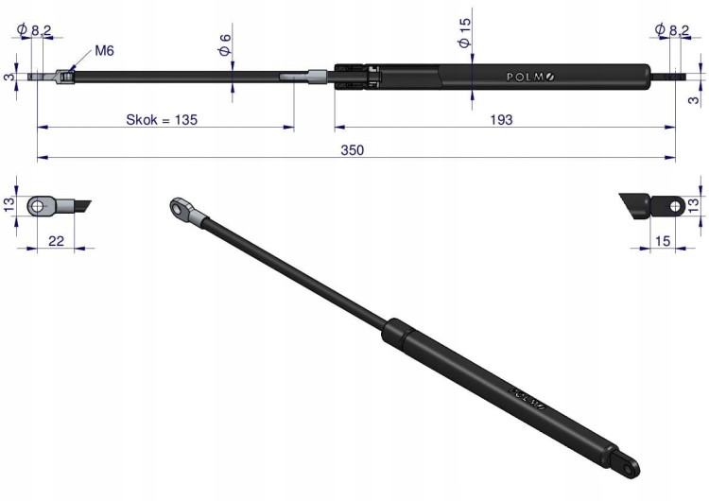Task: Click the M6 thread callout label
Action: point(104,51)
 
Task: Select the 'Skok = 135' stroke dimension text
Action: point(162,120)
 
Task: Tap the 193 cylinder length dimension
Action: point(501,120)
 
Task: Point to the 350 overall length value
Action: point(353,150)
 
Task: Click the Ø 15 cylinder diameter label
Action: point(464,32)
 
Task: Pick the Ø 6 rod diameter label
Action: point(225,44)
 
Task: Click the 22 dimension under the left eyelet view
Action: point(56,241)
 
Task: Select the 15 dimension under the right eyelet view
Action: point(663,241)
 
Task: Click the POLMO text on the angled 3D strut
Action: point(528,397)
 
